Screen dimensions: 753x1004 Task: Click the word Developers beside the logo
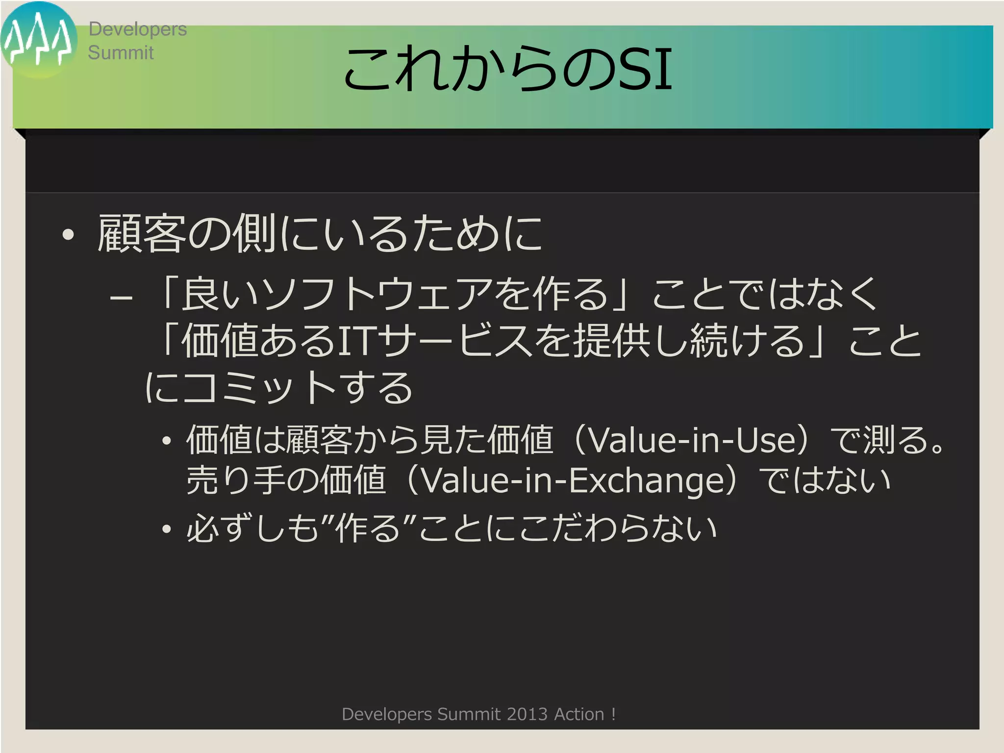point(137,29)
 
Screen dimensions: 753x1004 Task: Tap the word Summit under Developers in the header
point(121,53)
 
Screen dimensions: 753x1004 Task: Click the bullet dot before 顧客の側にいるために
point(68,235)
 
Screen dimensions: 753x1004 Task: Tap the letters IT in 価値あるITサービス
point(357,341)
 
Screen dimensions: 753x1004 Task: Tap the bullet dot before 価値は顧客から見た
point(167,441)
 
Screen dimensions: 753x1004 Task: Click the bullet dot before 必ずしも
point(167,529)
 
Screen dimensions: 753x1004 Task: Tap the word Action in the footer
point(579,714)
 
